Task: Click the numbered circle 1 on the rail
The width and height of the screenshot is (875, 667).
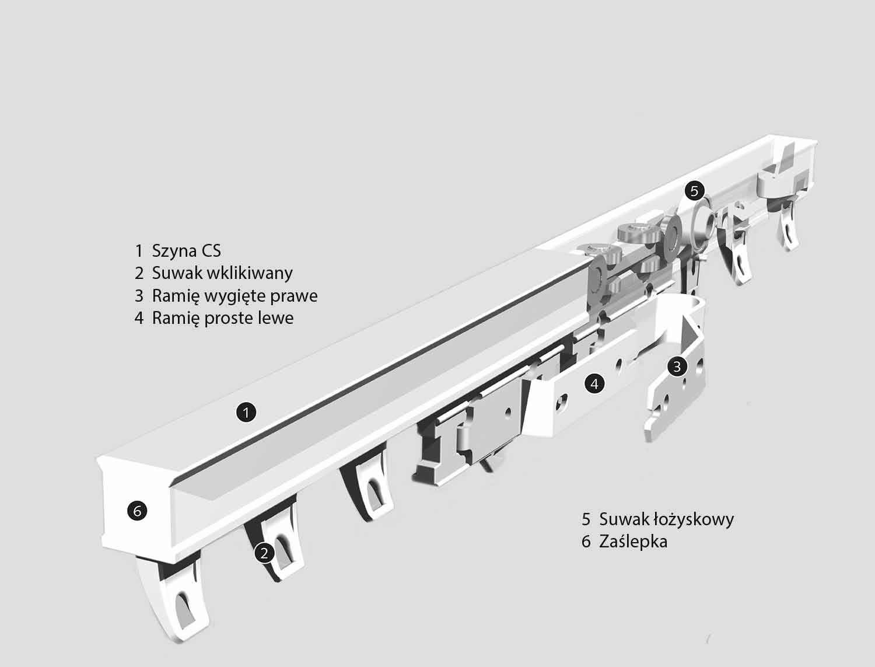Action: [246, 412]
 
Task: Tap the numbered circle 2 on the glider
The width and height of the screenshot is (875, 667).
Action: [264, 553]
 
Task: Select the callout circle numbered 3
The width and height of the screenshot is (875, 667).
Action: [677, 366]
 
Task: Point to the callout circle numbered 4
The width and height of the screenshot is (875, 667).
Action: [594, 383]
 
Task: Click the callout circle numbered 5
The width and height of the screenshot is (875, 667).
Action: [694, 191]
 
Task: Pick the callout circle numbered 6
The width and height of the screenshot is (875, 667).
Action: [137, 511]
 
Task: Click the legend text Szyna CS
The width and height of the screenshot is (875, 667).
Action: [186, 251]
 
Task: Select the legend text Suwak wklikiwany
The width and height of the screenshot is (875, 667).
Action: [222, 273]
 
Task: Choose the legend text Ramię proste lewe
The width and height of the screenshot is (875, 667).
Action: [223, 319]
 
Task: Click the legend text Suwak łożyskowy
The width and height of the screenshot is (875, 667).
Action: [666, 519]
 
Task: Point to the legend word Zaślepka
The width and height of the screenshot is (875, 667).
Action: [633, 542]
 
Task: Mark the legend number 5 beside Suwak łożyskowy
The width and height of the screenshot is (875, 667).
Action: [586, 519]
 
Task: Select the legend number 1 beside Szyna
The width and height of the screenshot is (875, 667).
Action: [139, 251]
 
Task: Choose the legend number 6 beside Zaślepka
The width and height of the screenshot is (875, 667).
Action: [586, 542]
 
